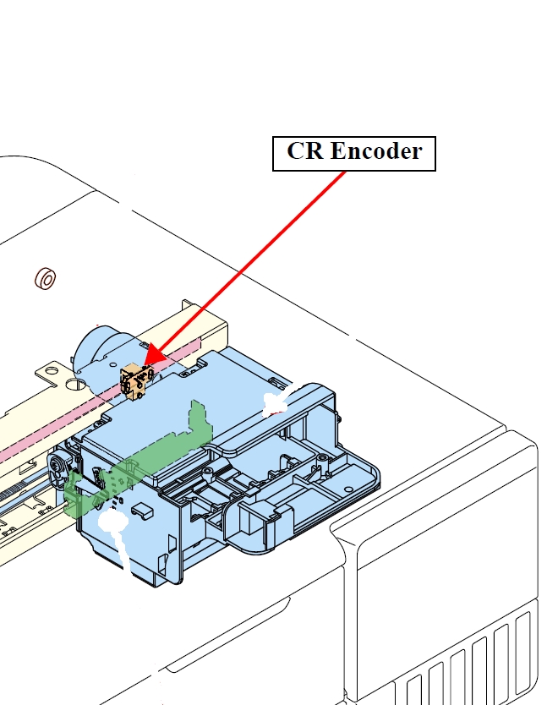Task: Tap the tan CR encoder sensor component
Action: (x=134, y=380)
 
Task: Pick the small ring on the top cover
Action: (x=45, y=277)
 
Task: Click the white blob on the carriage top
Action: (x=276, y=403)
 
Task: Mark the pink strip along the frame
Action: (x=51, y=435)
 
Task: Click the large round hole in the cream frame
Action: (x=75, y=385)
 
